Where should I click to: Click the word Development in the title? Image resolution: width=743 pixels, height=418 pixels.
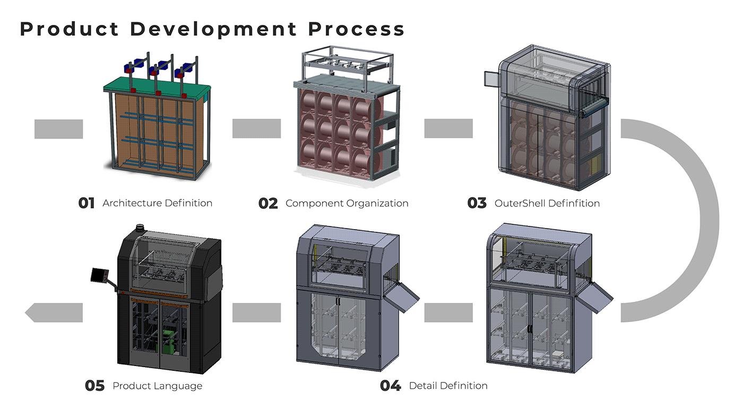point(213,29)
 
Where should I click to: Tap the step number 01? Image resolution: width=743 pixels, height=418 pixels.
point(86,203)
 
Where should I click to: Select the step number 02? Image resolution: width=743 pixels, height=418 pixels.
point(268,204)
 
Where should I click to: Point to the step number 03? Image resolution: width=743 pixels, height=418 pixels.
point(477,203)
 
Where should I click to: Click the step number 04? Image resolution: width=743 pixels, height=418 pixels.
point(391,386)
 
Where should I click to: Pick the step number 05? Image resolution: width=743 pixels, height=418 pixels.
point(95,386)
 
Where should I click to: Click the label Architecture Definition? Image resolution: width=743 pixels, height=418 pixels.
point(158,203)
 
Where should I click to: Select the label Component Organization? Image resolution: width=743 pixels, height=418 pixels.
point(347,203)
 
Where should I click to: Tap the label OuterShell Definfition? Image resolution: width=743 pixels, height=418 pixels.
point(547,203)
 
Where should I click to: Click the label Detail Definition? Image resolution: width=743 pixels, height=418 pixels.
point(448,386)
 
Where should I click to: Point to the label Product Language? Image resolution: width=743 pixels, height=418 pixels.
point(158,386)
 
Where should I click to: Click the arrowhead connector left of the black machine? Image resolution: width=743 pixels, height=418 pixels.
point(54,312)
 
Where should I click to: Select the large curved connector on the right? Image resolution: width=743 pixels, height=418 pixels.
point(670,221)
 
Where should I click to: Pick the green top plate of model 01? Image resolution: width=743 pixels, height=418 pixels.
point(157,86)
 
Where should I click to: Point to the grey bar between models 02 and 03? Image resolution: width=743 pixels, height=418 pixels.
point(448,128)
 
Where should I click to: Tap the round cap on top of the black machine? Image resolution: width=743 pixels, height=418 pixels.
point(141,228)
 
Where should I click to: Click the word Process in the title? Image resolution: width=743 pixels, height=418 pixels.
point(357,29)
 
